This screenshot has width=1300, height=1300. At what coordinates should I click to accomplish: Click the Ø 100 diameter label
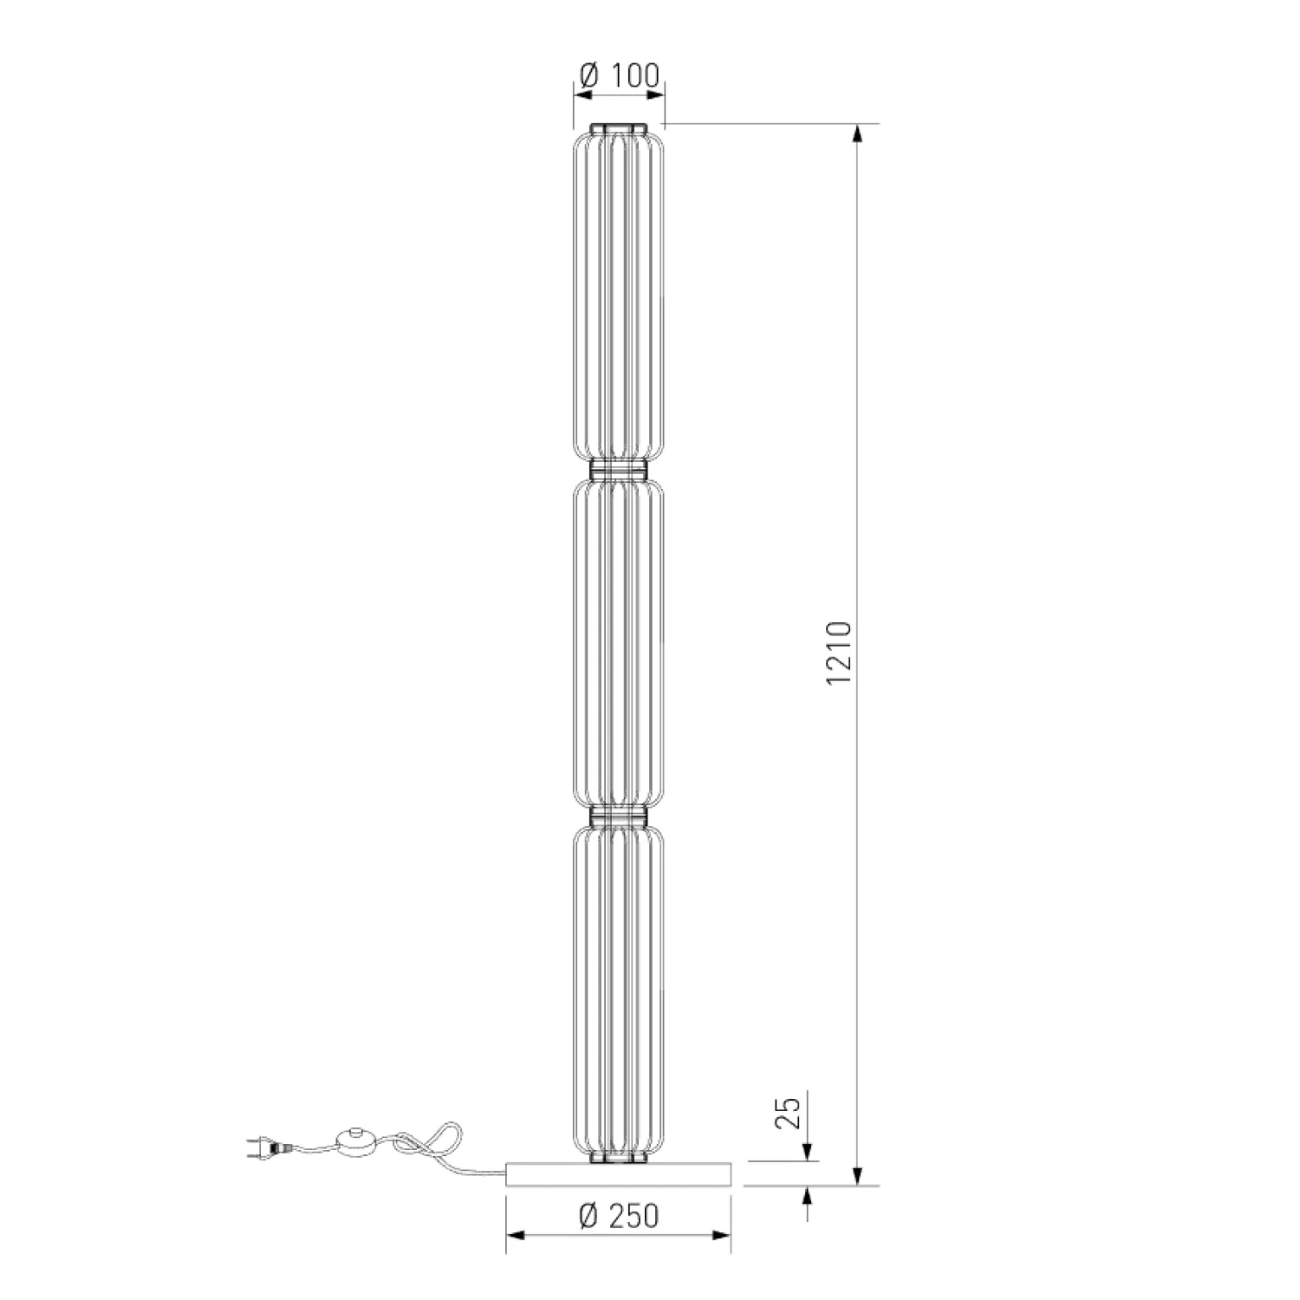pyautogui.click(x=619, y=75)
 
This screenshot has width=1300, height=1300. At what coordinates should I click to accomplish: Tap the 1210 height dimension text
pyautogui.click(x=840, y=653)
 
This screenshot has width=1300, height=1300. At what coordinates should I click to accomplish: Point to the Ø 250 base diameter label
pyautogui.click(x=619, y=1216)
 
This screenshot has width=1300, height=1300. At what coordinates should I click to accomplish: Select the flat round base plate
pyautogui.click(x=619, y=1173)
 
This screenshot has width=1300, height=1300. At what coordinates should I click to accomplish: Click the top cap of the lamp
pyautogui.click(x=619, y=128)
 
